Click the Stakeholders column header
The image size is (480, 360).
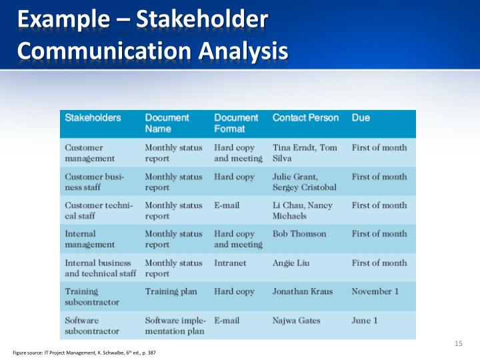tap(93, 117)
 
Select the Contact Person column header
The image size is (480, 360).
tap(305, 117)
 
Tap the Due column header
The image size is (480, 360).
tap(361, 117)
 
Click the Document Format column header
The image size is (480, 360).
tap(236, 123)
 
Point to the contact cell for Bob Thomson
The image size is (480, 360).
tap(299, 234)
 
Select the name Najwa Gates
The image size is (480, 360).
tap(296, 321)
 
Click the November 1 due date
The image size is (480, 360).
tap(375, 291)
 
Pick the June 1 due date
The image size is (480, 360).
tap(365, 321)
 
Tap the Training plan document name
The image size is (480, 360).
tap(171, 291)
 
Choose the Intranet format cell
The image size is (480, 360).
tap(230, 263)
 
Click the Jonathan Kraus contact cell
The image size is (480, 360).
tap(302, 291)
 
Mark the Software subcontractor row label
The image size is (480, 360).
tap(92, 325)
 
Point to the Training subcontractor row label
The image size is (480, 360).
tap(92, 297)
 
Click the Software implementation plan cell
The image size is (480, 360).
tap(175, 325)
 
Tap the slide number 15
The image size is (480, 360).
tap(458, 343)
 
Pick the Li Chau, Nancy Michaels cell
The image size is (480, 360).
tap(302, 210)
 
